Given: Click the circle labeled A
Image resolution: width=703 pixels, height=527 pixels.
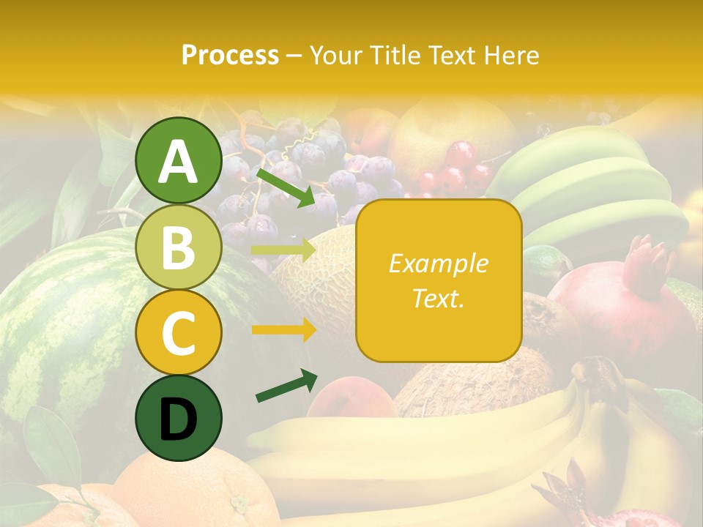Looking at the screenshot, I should point(178,160).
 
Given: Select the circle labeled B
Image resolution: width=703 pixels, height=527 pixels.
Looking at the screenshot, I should point(178,247).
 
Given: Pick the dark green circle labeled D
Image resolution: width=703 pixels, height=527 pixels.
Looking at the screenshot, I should point(178,419).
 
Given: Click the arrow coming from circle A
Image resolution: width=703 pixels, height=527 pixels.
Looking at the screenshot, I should point(285,187).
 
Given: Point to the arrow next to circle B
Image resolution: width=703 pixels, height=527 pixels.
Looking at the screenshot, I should point(283,250).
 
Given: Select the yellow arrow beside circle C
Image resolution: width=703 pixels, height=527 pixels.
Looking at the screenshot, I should point(283,330).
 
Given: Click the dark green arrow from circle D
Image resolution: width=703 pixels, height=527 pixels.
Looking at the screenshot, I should point(286,386).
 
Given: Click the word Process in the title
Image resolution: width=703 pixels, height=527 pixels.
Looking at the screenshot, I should point(230,55).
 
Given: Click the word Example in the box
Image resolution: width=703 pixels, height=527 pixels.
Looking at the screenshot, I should point(438,263).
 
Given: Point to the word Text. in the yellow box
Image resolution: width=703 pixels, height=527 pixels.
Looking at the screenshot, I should point(438,298).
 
